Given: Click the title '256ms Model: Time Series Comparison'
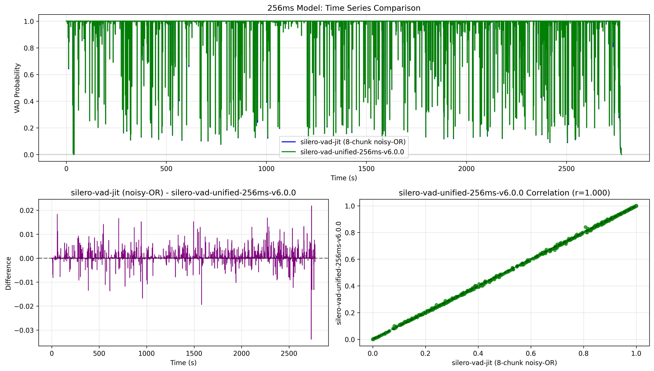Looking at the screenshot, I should click(344, 8).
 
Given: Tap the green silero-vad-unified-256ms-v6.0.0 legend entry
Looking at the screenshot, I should click(352, 152).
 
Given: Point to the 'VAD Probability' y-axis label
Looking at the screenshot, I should click(17, 88).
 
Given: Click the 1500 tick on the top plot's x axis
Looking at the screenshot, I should click(366, 169).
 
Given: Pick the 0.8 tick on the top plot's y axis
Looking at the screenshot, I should click(29, 48).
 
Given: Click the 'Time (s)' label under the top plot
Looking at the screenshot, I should click(344, 178).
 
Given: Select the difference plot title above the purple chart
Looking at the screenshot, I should click(183, 193).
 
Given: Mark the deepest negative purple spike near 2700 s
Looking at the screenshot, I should click(311, 338).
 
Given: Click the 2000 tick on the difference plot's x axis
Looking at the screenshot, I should click(241, 353).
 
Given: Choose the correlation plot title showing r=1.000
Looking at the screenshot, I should click(504, 193).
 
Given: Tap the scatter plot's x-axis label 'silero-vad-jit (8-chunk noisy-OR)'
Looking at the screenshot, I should click(504, 363).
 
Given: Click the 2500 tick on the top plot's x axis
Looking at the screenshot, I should click(566, 169).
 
